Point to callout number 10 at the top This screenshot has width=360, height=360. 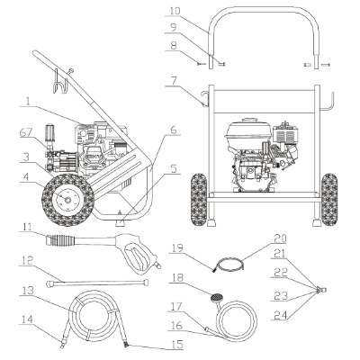coord(175,12)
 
